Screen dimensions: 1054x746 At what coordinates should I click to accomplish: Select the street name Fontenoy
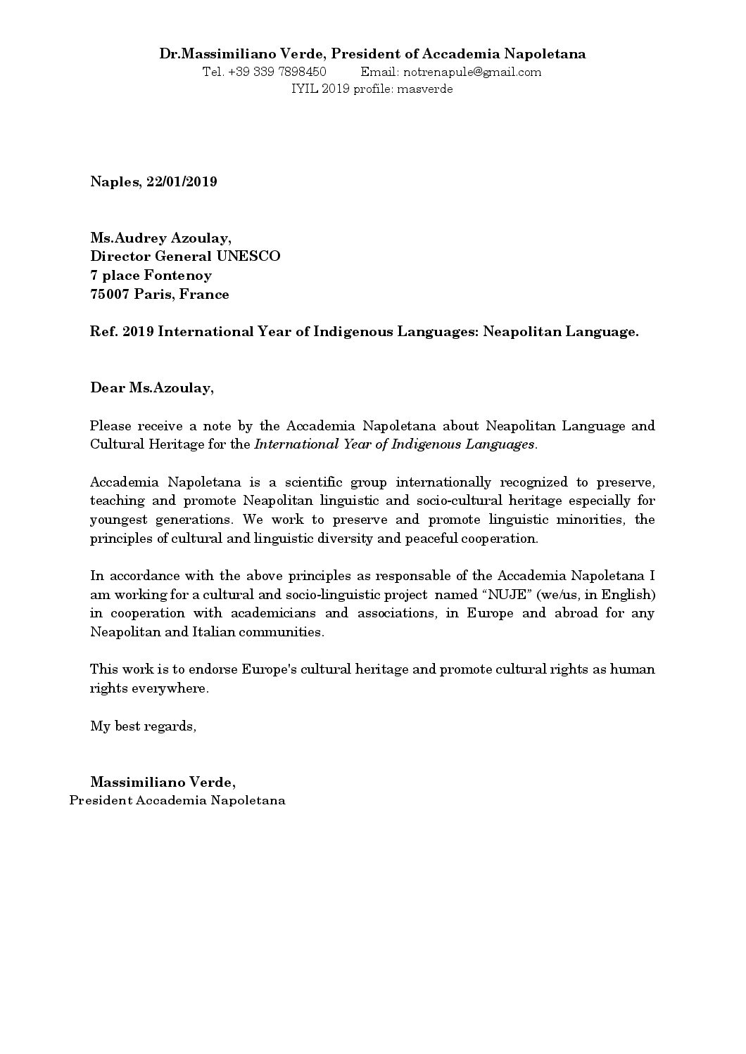tap(177, 275)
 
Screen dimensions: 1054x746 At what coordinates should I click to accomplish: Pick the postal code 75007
tap(110, 294)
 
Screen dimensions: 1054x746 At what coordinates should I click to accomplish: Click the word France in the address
tap(204, 294)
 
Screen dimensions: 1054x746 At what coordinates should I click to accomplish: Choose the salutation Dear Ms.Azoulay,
tap(151, 387)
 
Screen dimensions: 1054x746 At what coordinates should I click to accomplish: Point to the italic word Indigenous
tap(393, 444)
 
